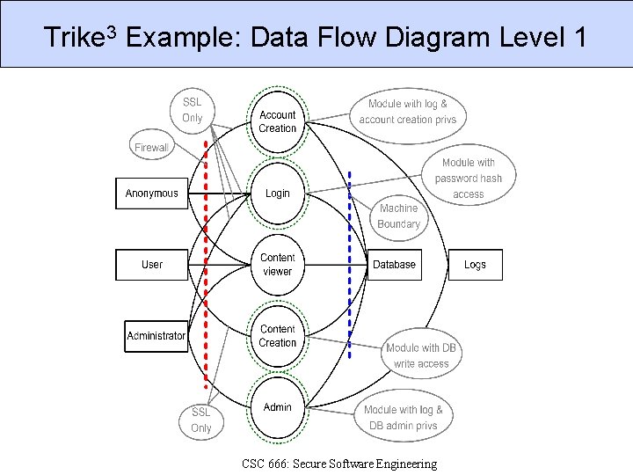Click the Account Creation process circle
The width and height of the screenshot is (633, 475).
point(278,121)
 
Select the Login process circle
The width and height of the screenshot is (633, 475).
point(278,194)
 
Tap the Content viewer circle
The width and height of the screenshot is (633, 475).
point(278,265)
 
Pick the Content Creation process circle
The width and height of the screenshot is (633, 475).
point(278,336)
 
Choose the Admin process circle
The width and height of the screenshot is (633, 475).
point(278,407)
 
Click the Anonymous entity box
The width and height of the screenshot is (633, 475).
point(152,194)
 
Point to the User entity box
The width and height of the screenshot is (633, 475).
point(152,265)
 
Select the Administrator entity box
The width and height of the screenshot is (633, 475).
point(156,336)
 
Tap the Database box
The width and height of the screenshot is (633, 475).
point(394,265)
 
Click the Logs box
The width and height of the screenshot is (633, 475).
point(475,265)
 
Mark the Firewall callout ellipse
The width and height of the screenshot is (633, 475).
point(151,148)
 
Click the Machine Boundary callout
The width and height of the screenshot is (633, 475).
point(398,216)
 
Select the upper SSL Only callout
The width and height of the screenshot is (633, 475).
point(193,110)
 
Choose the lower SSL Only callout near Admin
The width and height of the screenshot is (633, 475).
point(201,420)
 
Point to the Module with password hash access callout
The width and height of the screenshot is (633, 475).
point(469,178)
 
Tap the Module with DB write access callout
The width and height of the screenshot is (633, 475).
point(422,355)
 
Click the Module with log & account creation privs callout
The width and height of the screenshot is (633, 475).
point(408,112)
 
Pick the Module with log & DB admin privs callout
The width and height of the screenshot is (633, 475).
point(404,418)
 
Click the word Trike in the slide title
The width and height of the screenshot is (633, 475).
point(72,39)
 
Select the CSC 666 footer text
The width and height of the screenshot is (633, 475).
point(338,464)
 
